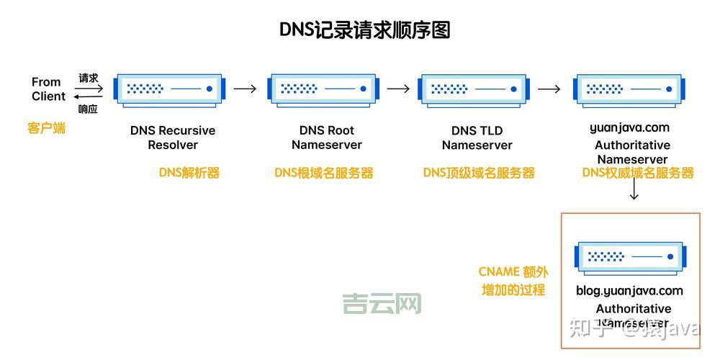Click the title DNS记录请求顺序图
(x=365, y=30)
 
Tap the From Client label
(x=48, y=89)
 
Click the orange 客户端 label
(x=47, y=129)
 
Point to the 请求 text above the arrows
(x=89, y=78)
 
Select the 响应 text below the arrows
(x=88, y=109)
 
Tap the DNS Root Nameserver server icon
(x=323, y=89)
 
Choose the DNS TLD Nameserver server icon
(x=477, y=89)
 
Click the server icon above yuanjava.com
(x=629, y=89)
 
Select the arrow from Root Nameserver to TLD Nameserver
(x=398, y=89)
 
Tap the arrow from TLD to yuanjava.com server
(x=549, y=89)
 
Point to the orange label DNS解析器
(x=189, y=173)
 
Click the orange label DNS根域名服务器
(x=324, y=173)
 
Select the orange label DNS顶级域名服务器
(x=479, y=173)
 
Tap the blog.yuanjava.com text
(x=629, y=291)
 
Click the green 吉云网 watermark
(x=382, y=304)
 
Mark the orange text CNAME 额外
(x=513, y=272)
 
